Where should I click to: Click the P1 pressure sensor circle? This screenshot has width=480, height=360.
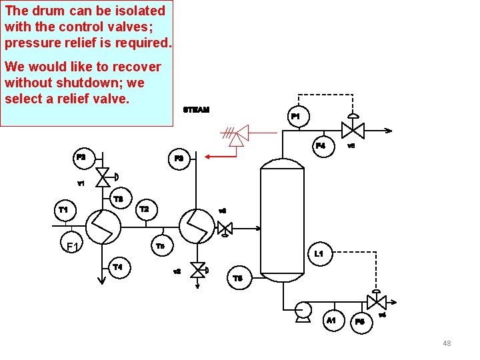coord(296,117)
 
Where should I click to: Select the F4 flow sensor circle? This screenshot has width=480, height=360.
coord(321,145)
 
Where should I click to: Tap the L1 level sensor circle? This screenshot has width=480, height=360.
coord(319,254)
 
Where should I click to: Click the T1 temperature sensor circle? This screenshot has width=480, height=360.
coord(63,210)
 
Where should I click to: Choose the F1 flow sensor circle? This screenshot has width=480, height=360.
coord(73,247)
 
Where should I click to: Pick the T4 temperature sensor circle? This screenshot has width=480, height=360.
coord(118,267)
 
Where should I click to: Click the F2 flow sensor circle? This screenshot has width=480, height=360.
coord(81,157)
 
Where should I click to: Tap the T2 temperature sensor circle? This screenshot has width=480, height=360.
coord(144,209)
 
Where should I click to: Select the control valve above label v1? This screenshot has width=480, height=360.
coord(103,177)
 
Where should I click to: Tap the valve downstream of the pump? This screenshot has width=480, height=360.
coord(377,301)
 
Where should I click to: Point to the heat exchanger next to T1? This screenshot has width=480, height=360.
coord(103,227)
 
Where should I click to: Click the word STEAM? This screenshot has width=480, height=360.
coord(196,109)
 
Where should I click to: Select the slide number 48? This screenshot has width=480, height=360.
coord(447,343)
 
